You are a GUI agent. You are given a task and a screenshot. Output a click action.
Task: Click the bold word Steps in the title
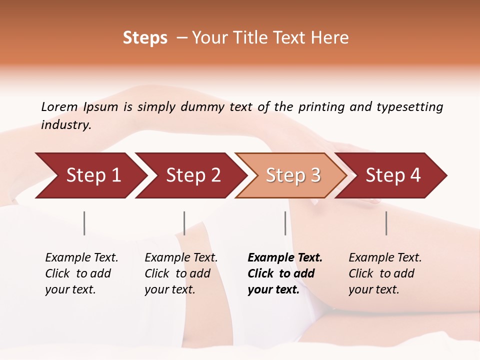pos(145,38)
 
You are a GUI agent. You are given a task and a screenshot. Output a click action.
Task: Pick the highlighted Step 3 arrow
pos(293,175)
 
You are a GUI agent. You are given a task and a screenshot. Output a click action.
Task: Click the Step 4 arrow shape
pos(393,175)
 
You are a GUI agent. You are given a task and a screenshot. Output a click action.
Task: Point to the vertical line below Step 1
pos(84,223)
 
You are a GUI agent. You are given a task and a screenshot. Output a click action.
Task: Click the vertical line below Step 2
pos(184,223)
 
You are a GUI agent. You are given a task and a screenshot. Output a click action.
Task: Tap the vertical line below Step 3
pos(285,223)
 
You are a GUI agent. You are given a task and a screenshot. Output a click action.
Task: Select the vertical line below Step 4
pos(386,223)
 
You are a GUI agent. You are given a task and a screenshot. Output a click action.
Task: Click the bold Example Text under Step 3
pos(285,258)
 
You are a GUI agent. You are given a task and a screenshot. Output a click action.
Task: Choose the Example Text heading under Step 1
pos(81,258)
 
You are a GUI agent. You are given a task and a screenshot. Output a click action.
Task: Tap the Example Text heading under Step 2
pos(181,258)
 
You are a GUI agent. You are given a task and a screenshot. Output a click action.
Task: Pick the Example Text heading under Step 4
pos(385,258)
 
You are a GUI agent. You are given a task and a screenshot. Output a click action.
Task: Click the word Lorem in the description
pos(59,106)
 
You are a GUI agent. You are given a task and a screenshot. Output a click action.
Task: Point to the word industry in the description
pos(66,125)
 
